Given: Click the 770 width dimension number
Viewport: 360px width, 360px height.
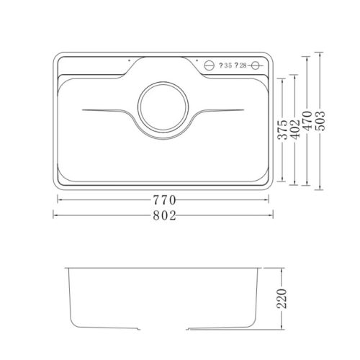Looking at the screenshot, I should click(x=164, y=199).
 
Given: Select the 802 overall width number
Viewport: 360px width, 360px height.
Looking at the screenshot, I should click(x=164, y=214).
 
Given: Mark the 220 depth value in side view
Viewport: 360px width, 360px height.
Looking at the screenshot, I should click(x=282, y=298).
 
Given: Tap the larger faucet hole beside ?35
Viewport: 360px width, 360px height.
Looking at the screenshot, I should click(x=210, y=66).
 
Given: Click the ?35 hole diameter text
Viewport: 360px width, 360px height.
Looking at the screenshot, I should click(x=224, y=66).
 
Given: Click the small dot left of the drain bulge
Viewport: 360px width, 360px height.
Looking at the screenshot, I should click(x=128, y=62).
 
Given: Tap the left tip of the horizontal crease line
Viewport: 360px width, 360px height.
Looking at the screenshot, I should click(x=84, y=110).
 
